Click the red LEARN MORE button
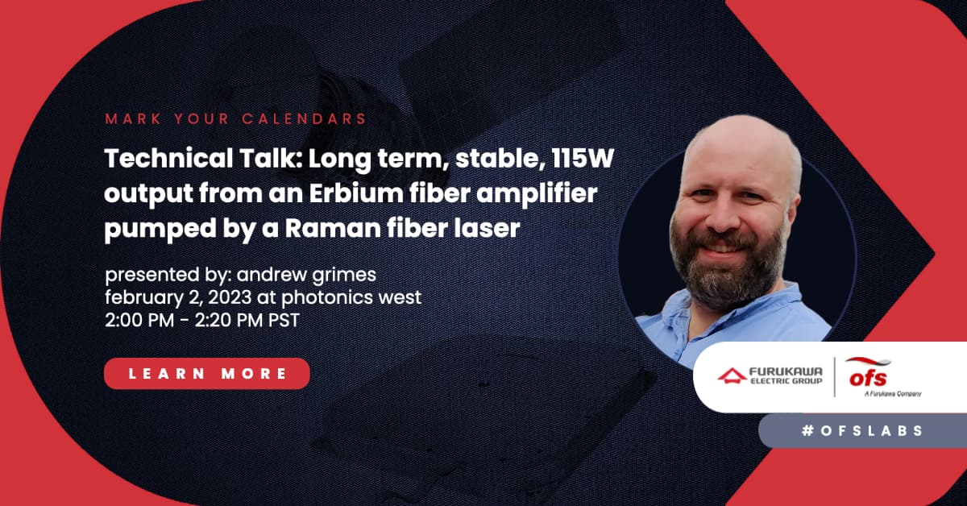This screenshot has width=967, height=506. click(x=207, y=373)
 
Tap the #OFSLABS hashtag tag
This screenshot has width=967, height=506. click(x=862, y=431)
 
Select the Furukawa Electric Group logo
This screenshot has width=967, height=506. click(x=770, y=375)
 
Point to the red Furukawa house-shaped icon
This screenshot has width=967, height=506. click(x=733, y=375)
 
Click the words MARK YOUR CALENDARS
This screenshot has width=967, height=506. click(x=235, y=118)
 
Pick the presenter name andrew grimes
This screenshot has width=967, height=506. click(x=306, y=275)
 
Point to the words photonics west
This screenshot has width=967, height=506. click(x=351, y=298)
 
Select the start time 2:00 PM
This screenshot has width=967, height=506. click(x=139, y=321)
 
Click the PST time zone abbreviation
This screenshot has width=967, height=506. click(x=284, y=321)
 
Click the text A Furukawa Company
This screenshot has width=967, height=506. click(x=893, y=393)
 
